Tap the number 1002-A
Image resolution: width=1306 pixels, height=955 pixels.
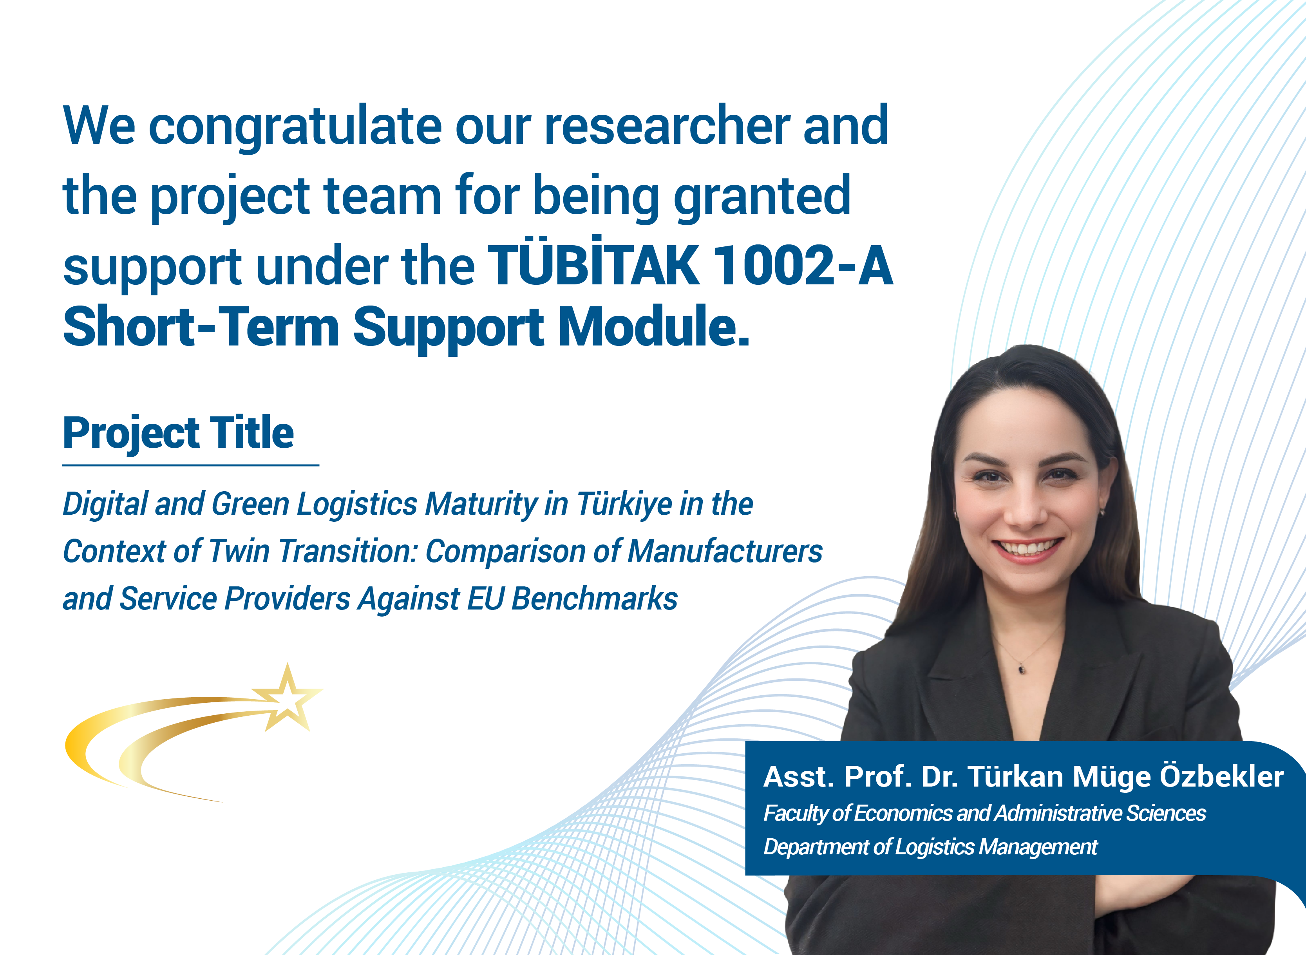[x=803, y=265]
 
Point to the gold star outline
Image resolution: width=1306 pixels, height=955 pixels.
[x=288, y=699]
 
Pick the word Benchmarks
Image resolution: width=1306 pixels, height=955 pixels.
[x=595, y=598]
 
